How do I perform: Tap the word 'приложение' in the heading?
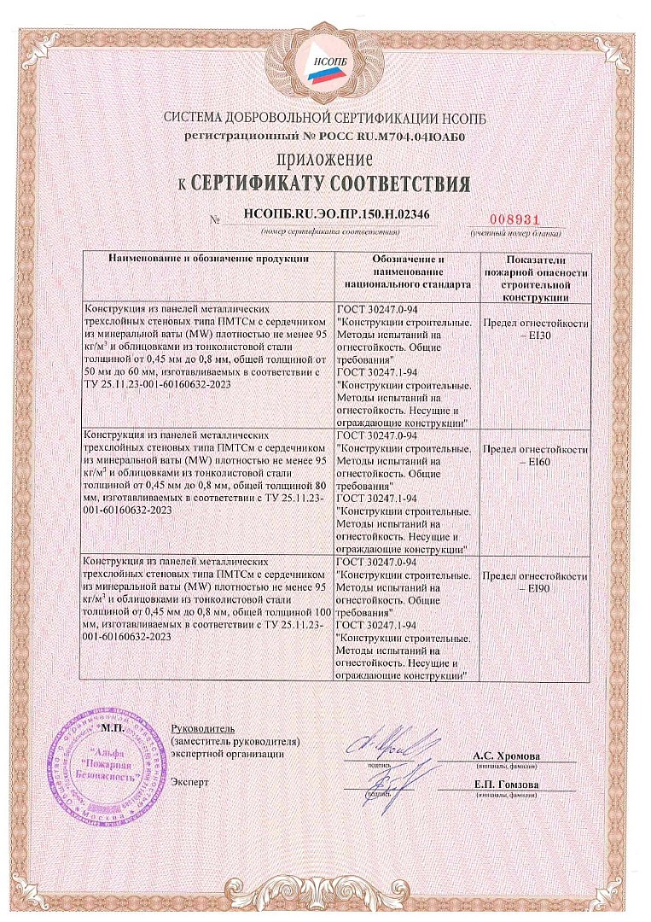tap(324, 160)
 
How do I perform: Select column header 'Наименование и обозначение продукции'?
tap(208, 257)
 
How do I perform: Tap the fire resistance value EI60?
tap(535, 462)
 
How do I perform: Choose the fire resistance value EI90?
tap(535, 589)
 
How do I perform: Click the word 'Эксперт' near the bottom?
tap(189, 781)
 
